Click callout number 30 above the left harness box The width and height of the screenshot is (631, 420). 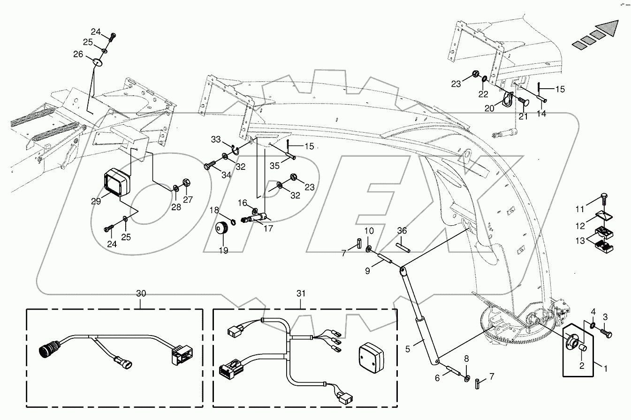141,293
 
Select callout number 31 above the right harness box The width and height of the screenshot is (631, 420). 301,293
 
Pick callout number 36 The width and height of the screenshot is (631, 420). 403,230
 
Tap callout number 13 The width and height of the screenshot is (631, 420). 580,241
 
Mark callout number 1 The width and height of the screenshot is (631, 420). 605,369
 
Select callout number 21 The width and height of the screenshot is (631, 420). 523,116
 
